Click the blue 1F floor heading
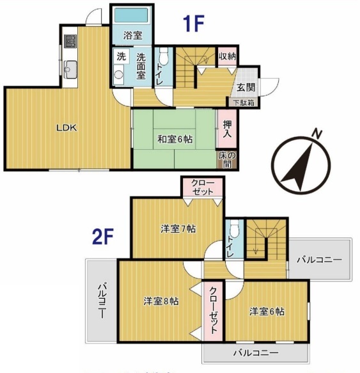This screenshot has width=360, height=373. (194, 23)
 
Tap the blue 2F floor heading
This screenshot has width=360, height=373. (103, 236)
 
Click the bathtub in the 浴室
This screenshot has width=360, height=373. (131, 15)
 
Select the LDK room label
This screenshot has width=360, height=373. (67, 128)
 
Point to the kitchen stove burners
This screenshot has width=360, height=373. (70, 41)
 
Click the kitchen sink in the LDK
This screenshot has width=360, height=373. (70, 70)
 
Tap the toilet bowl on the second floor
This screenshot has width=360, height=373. (235, 226)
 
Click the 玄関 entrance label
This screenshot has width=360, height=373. (246, 87)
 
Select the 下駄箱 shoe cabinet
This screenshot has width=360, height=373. (244, 103)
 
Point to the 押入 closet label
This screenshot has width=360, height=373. (227, 129)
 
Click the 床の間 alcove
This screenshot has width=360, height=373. (228, 159)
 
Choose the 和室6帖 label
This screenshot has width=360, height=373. (175, 139)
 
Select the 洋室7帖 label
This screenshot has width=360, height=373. (178, 229)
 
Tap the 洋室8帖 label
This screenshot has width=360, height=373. (161, 301)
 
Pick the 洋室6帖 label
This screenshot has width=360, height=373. (267, 311)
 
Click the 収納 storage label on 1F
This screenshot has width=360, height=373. (228, 56)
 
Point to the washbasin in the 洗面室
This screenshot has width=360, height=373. (118, 74)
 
